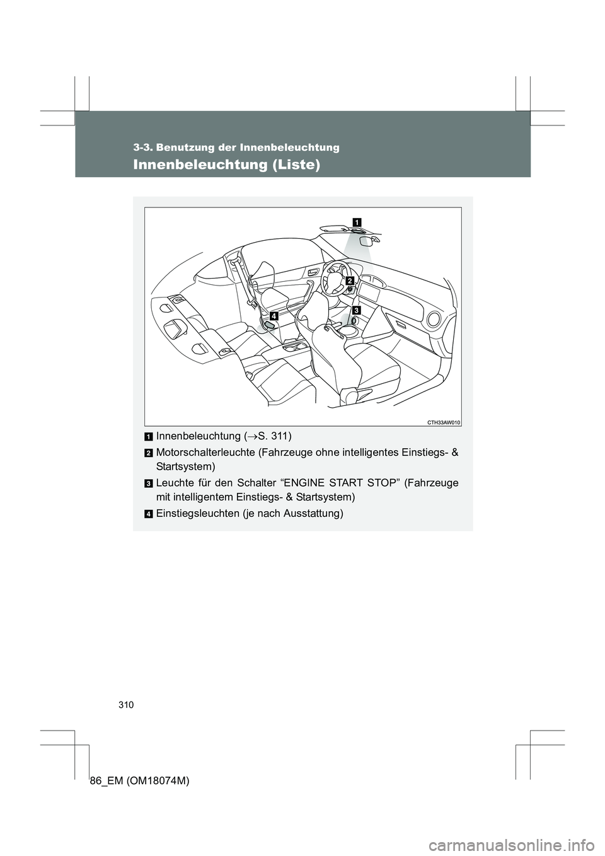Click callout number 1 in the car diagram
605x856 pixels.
357,221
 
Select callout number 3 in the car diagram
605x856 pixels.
356,311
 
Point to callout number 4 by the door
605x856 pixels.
274,315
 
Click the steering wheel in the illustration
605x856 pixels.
333,276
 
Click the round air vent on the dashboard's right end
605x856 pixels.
434,319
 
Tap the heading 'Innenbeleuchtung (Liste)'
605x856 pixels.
226,165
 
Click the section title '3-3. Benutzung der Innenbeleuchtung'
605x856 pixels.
236,147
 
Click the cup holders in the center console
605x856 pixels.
294,347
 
